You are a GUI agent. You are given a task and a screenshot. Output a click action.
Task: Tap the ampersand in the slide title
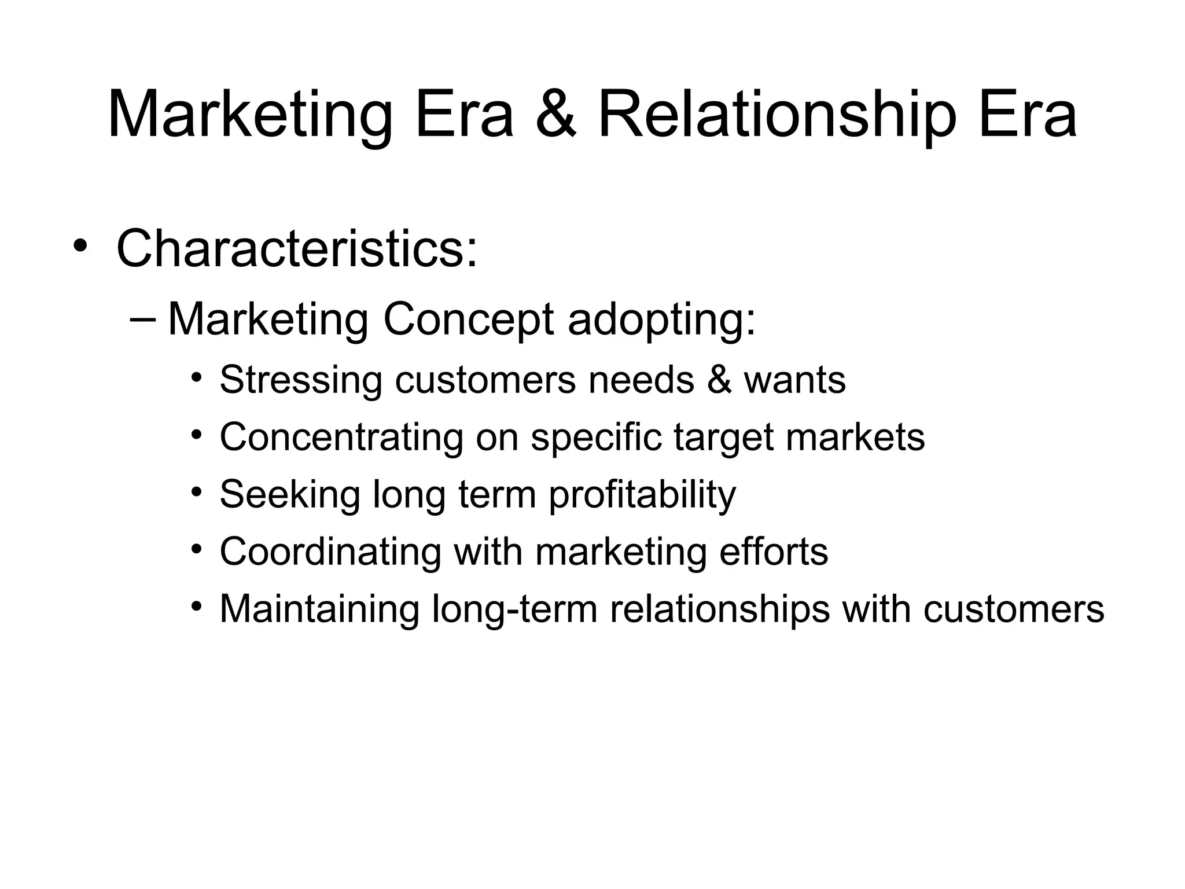pos(555,115)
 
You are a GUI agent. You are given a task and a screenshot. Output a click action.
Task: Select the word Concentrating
pos(341,437)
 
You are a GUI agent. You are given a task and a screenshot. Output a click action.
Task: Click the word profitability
pos(642,494)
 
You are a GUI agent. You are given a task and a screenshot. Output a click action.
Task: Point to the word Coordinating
pos(330,552)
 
